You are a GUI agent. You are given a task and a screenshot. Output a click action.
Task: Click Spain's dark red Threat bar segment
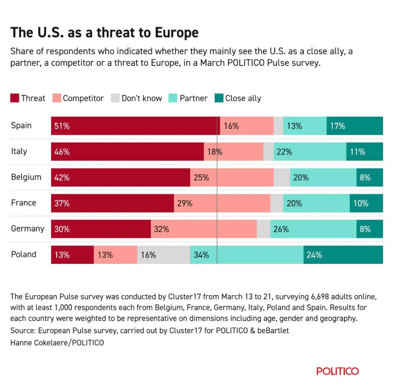point(135,126)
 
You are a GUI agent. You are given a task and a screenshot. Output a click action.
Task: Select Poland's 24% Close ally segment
point(343,255)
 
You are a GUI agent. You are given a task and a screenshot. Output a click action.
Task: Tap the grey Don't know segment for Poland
point(164,255)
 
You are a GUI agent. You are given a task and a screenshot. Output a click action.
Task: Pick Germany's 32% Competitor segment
point(204,229)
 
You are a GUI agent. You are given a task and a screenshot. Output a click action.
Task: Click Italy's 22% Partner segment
point(310,152)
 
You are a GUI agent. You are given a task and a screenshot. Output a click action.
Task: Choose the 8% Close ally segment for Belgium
point(370,177)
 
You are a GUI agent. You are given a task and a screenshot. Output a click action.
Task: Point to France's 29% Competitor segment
point(222,203)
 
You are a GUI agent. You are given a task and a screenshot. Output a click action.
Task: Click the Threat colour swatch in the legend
point(15,98)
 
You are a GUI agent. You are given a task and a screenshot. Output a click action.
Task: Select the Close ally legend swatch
point(219,98)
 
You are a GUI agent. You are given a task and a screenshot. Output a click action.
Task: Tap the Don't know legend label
point(142,98)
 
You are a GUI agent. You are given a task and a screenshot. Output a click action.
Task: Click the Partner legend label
point(194,98)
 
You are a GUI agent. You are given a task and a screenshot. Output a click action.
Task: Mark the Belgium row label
point(26,177)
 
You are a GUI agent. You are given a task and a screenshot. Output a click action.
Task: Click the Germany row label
point(27,229)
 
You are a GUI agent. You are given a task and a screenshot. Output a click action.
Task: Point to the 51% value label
point(62,126)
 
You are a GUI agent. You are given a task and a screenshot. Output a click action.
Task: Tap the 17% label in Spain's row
point(337,126)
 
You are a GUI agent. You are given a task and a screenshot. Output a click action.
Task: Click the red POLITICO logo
point(337,371)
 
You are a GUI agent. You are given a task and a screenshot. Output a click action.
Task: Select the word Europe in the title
point(177,33)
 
